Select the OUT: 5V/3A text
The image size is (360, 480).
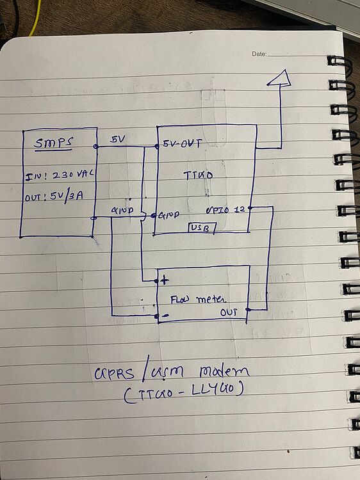pyautogui.click(x=56, y=196)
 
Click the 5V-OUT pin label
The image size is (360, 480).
pyautogui.click(x=183, y=144)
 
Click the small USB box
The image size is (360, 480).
pyautogui.click(x=202, y=227)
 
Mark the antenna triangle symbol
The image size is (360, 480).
pyautogui.click(x=279, y=78)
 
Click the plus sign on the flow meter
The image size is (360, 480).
pyautogui.click(x=165, y=280)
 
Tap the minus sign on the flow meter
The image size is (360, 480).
pyautogui.click(x=165, y=316)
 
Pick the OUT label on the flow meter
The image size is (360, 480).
pyautogui.click(x=229, y=312)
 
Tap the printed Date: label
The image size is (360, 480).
pyautogui.click(x=259, y=54)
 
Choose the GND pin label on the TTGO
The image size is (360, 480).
pyautogui.click(x=168, y=216)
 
